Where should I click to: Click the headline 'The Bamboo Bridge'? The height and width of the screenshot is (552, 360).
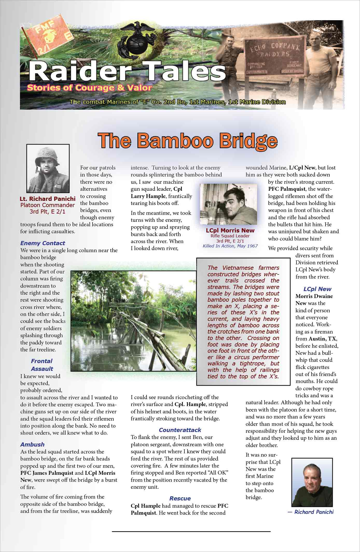click(187, 141)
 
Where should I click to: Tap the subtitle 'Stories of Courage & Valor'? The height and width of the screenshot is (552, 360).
click(89, 88)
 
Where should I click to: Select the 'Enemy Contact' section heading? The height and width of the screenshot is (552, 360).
click(43, 243)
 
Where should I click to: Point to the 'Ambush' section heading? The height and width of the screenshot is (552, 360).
click(32, 444)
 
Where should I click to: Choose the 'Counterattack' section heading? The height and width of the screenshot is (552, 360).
click(180, 430)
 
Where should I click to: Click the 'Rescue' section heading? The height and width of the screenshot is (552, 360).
click(180, 498)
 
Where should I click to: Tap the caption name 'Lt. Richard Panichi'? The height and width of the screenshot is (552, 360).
click(47, 199)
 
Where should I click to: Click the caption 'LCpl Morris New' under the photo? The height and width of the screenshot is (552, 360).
click(230, 230)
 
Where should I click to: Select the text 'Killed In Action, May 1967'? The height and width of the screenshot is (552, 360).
click(230, 246)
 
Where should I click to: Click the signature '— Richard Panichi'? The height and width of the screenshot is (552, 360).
click(310, 512)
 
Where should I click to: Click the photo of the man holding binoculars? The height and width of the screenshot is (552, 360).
click(228, 204)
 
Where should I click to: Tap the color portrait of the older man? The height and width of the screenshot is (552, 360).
click(312, 482)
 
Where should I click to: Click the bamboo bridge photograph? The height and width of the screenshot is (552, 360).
click(133, 321)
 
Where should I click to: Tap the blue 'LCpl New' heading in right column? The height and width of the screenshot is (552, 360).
click(317, 289)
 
